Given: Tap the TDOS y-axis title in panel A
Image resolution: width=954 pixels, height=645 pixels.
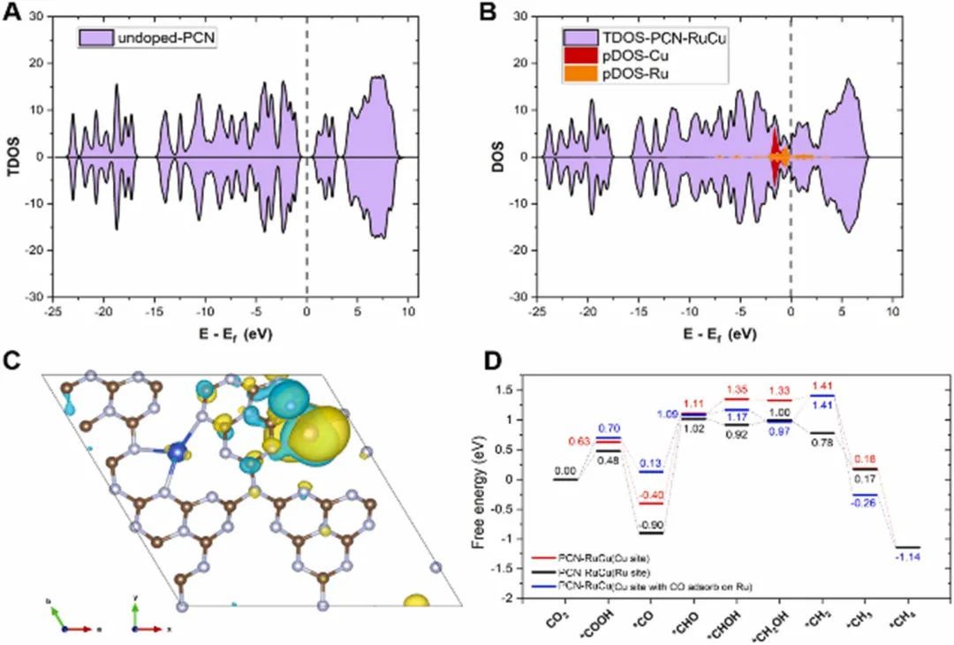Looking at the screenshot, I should point(13,156).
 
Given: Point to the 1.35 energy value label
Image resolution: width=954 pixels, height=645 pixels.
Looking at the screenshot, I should point(738,388).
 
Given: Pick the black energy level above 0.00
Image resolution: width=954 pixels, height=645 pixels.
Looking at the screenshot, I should point(564,480).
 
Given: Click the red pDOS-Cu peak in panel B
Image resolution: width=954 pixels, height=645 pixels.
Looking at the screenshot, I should point(776,152).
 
